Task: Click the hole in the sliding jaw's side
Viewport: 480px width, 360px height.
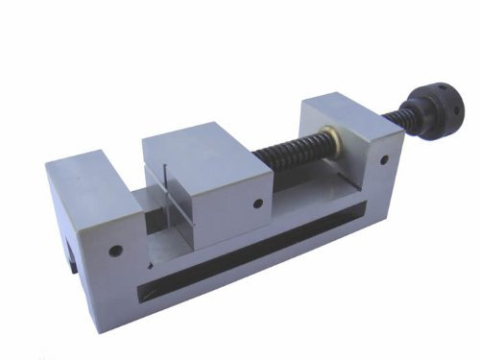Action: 257,203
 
